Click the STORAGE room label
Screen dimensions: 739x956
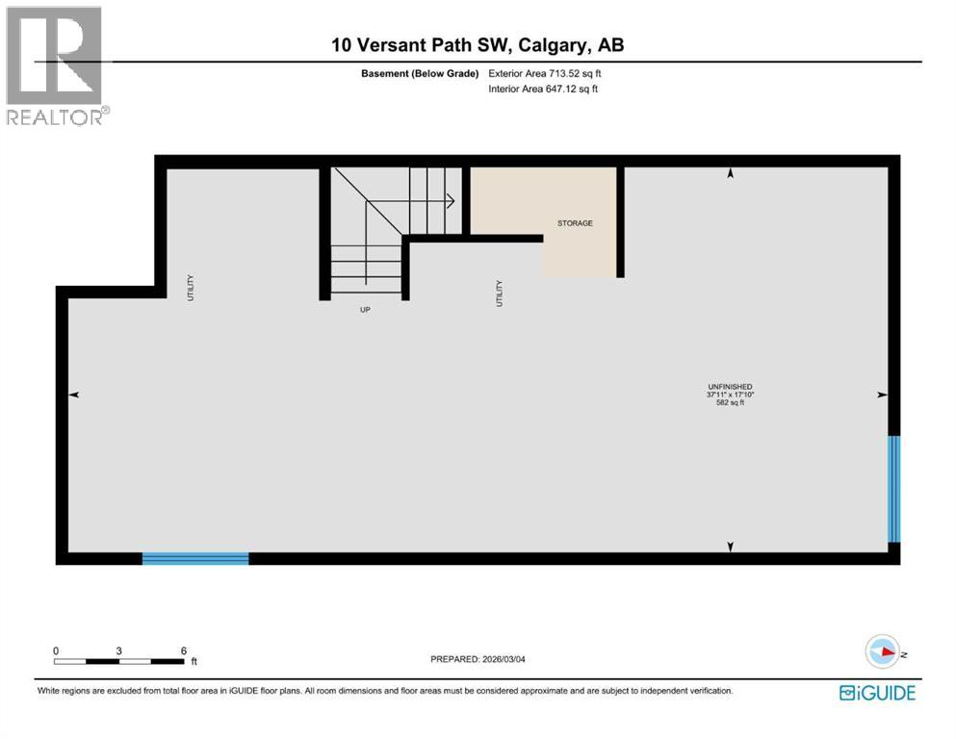point(575,223)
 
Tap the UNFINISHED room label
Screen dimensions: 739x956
point(729,386)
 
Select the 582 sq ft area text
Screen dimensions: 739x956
point(729,403)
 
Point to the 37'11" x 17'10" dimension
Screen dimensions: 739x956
point(729,395)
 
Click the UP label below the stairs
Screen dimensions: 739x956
point(365,310)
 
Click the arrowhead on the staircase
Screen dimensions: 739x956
point(450,201)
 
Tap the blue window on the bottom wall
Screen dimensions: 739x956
point(195,558)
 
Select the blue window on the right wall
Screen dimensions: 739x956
point(893,490)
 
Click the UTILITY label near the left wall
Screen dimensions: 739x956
point(191,288)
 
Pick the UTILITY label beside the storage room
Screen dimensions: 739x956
point(499,293)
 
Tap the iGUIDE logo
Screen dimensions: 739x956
point(877,693)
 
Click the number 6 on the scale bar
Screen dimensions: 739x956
point(183,650)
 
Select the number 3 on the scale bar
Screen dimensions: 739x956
point(118,650)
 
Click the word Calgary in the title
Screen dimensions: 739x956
point(543,46)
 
